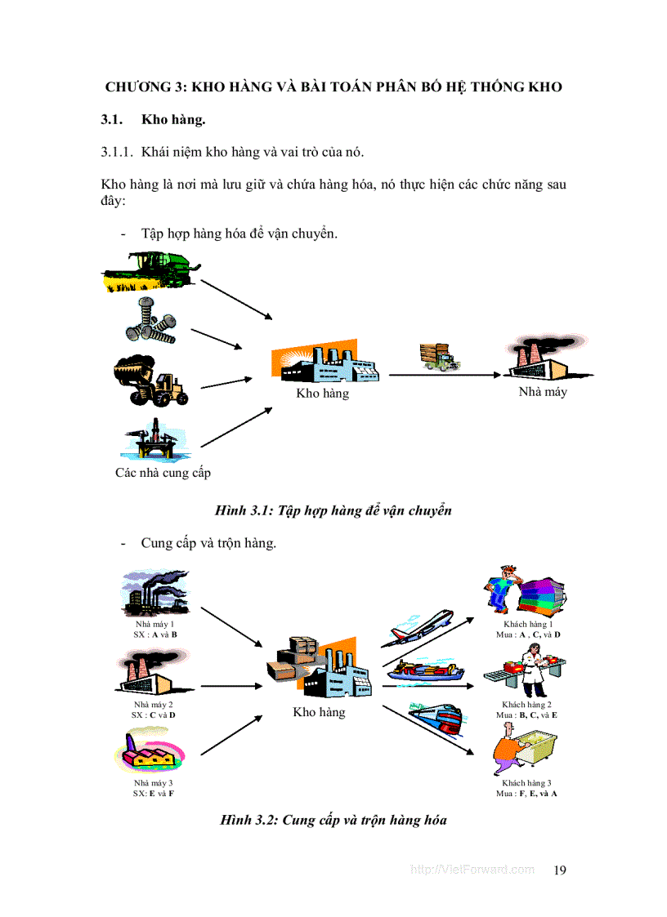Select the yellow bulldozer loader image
(151, 381)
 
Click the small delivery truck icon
(436, 356)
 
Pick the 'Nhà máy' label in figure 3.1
(543, 392)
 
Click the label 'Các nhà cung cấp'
(163, 473)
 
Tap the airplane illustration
(423, 625)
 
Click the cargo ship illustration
(426, 671)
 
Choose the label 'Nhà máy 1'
(154, 625)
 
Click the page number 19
(560, 870)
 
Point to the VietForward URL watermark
(472, 870)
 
